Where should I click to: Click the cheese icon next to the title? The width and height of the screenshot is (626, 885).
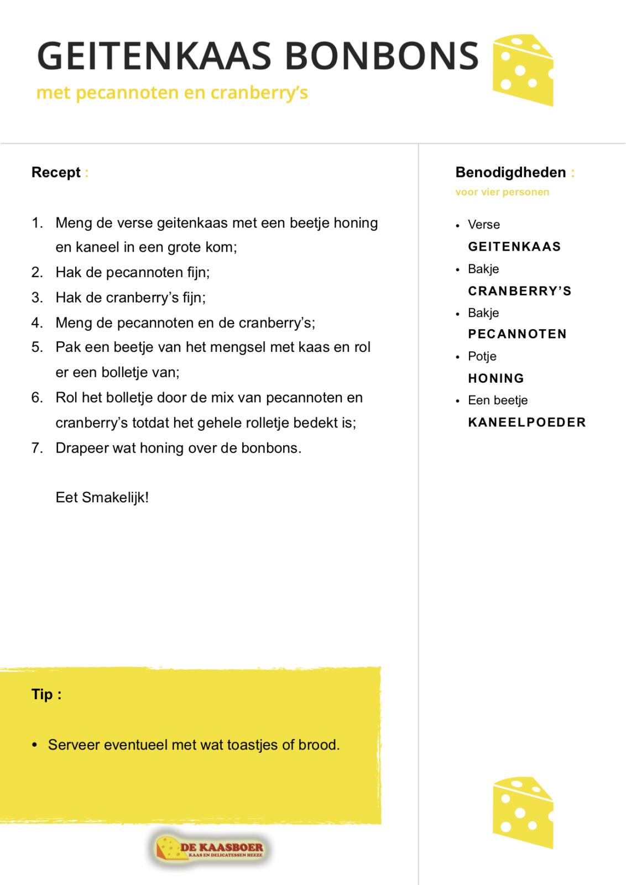tap(522, 70)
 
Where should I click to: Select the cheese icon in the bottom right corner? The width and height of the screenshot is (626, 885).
tap(522, 812)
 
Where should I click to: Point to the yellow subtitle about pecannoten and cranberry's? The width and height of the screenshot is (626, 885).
tap(171, 92)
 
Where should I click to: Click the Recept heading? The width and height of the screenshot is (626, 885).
tap(56, 173)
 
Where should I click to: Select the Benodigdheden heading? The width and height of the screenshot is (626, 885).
tap(510, 173)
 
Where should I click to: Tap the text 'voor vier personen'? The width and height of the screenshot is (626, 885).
tap(502, 192)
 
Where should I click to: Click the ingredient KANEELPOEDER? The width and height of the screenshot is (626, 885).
tap(526, 423)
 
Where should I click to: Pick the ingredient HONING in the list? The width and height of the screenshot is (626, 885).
tap(496, 378)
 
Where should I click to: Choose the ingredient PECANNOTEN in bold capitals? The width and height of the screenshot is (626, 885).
tap(517, 334)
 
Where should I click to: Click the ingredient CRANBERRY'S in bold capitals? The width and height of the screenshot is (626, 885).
tap(519, 291)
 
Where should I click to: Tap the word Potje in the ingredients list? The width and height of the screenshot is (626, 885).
tap(482, 356)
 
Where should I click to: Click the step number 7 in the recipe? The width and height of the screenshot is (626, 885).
tap(37, 447)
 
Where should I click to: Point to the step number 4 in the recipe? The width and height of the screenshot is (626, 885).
tap(37, 322)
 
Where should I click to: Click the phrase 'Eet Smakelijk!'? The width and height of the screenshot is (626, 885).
tap(102, 497)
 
